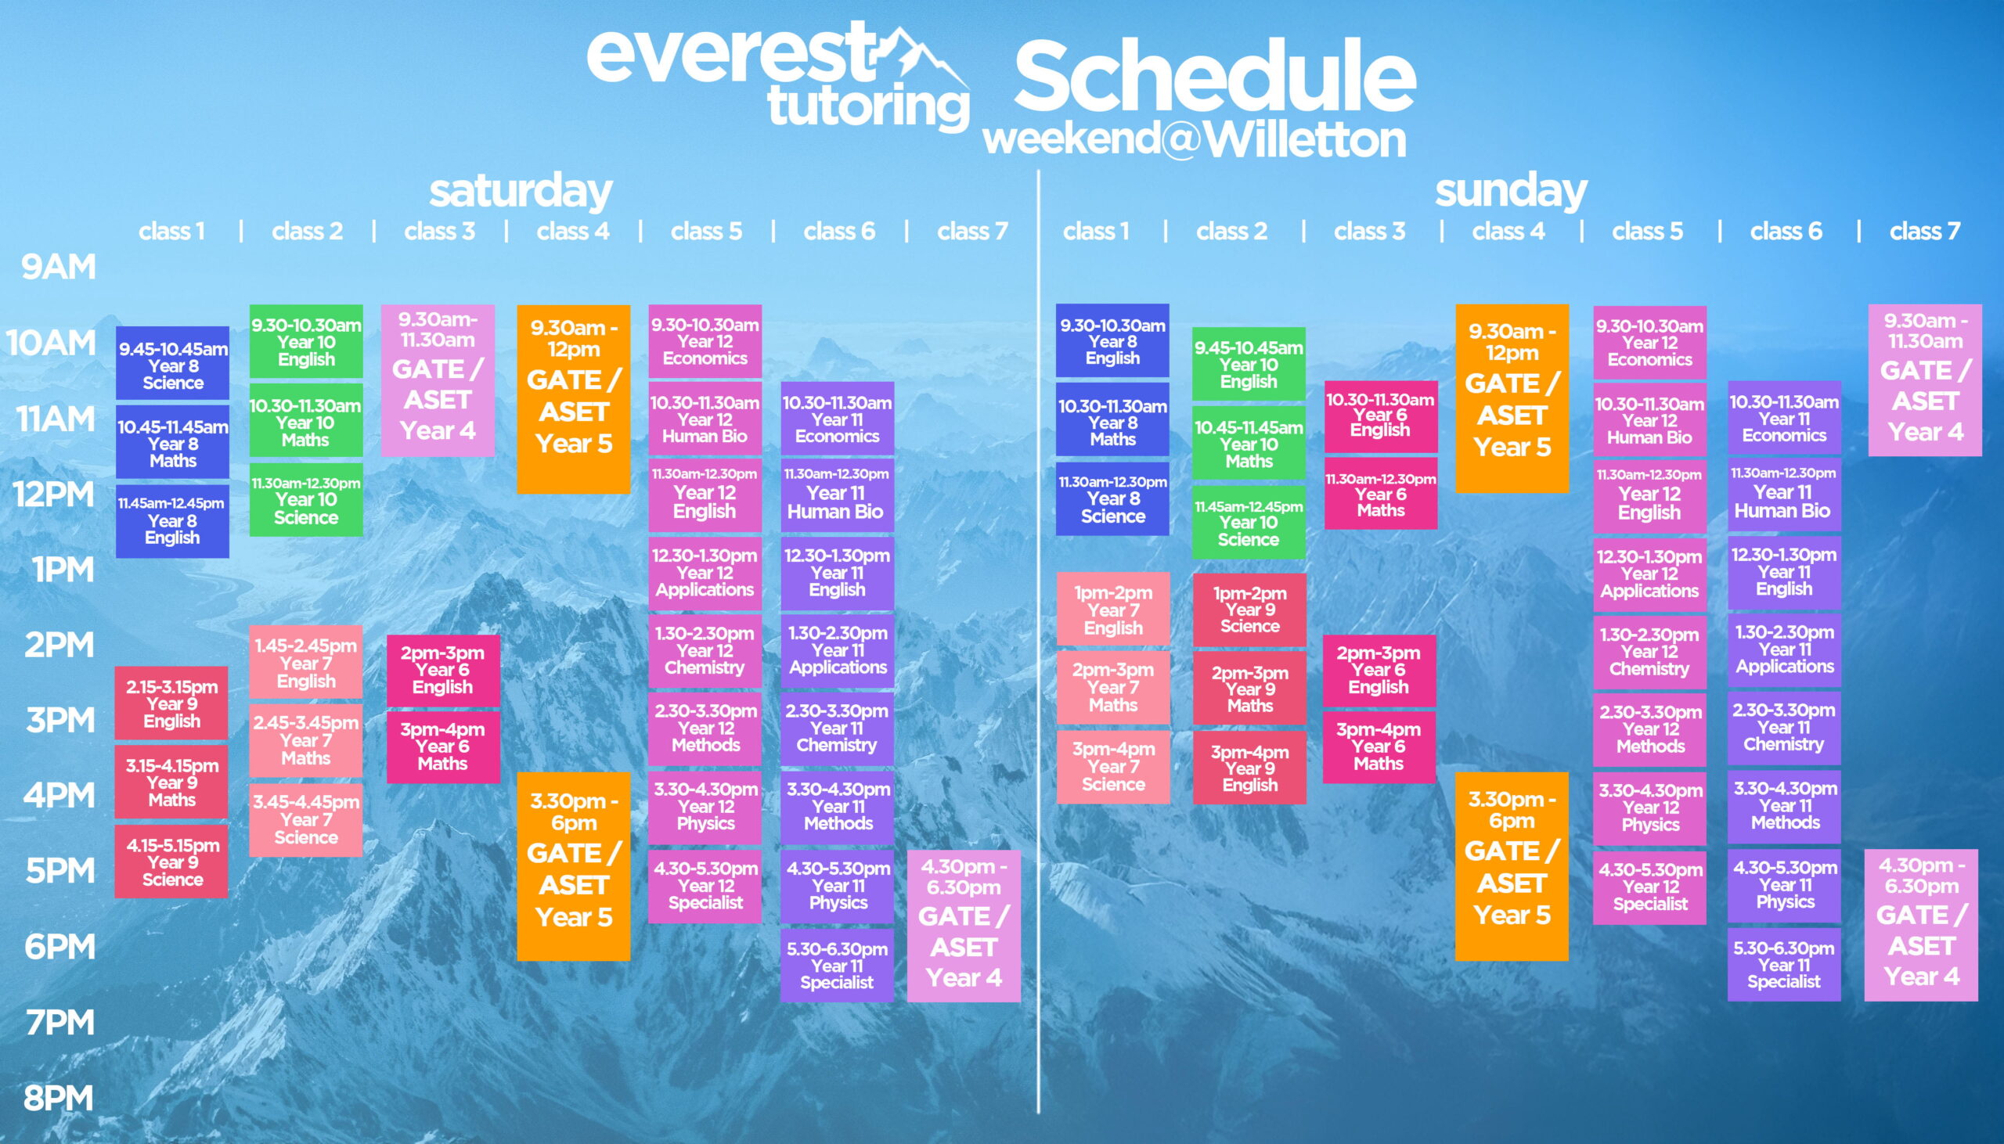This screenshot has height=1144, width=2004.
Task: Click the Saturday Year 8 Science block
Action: pos(172,363)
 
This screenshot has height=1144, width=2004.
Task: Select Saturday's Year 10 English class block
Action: pos(307,342)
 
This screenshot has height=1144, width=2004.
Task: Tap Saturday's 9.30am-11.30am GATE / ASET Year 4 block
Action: pos(438,380)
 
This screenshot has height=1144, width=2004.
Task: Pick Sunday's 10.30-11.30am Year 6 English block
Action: pos(1381,416)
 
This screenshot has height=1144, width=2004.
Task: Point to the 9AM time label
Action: pos(58,267)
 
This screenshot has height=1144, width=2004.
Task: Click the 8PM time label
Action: pos(58,1099)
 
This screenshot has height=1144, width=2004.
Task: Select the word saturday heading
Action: pos(521,191)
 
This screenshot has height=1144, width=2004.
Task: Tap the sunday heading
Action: pos(1511,191)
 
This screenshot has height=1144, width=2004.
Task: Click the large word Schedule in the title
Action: pos(1215,76)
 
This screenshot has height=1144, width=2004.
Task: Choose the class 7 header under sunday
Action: pos(1925,231)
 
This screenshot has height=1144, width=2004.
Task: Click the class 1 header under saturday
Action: pos(171,231)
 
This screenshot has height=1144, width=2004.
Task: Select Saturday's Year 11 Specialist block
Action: pos(837,965)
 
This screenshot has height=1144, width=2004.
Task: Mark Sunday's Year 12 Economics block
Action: pos(1649,343)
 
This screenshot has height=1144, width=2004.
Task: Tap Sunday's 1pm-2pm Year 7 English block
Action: pos(1113,609)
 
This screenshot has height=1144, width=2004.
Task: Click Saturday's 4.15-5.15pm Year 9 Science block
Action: pos(172,862)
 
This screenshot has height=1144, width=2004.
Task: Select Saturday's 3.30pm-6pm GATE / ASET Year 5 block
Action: pos(574,867)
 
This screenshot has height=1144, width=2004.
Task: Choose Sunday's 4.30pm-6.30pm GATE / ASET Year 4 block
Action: pos(1922,925)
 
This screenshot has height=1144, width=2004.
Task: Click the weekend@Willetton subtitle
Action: pos(1195,140)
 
